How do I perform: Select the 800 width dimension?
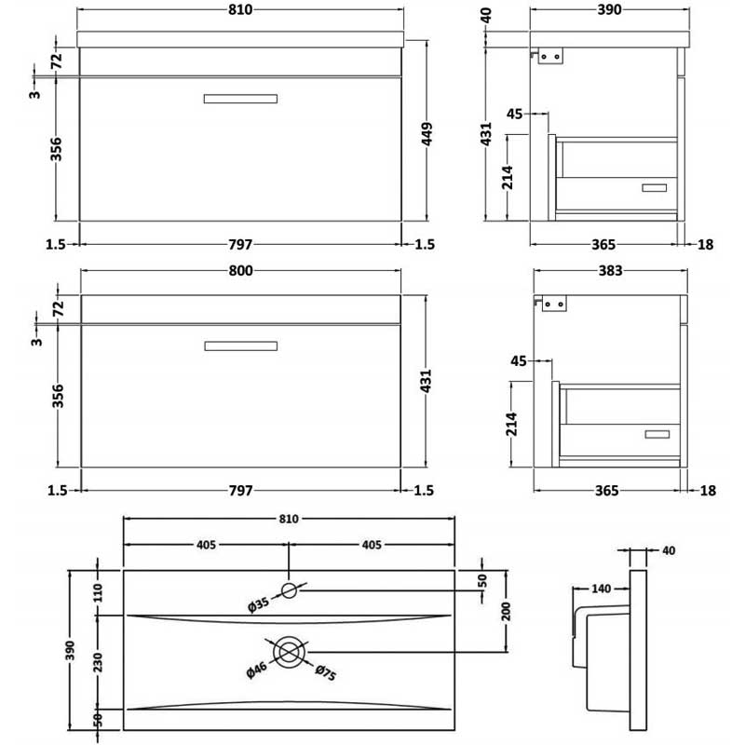[x=240, y=270]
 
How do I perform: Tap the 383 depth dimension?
[x=610, y=270]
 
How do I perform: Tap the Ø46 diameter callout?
[x=257, y=669]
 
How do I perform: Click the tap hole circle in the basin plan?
[x=290, y=589]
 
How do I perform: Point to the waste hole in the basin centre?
[x=290, y=650]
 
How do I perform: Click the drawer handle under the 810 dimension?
[x=240, y=98]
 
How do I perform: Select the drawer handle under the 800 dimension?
[x=240, y=346]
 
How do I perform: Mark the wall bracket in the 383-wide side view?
[x=553, y=304]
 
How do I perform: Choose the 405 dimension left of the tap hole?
[x=207, y=545]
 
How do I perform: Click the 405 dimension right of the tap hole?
[x=372, y=545]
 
